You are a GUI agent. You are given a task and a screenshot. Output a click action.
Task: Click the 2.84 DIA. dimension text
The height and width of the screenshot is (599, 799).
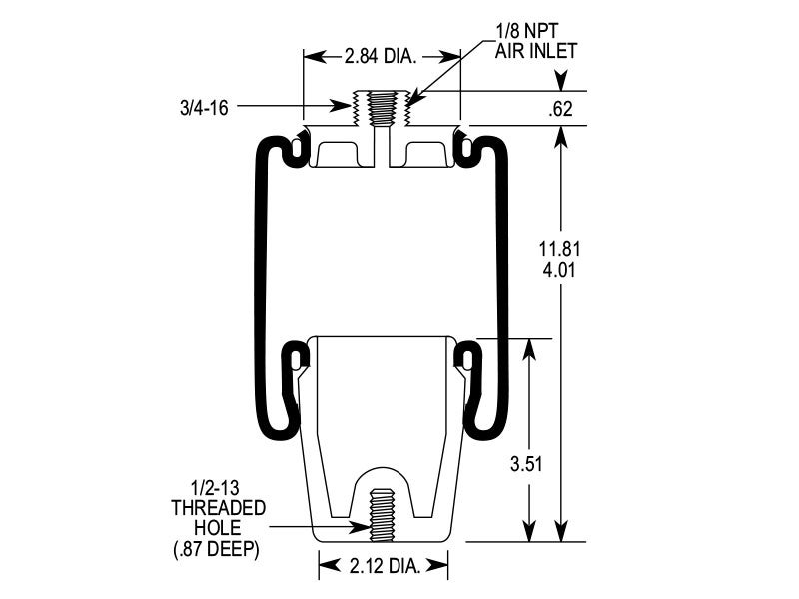[383, 56]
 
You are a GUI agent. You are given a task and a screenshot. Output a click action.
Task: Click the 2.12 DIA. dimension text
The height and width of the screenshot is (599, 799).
[384, 567]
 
